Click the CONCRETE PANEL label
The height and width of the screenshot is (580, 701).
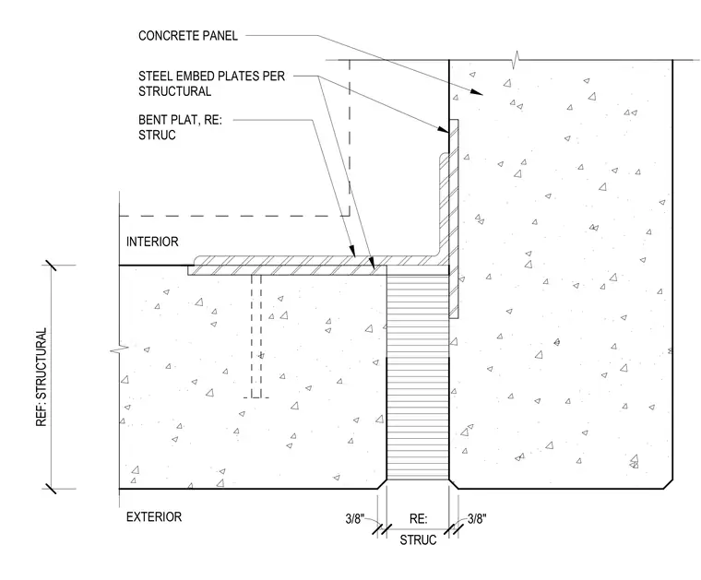(x=188, y=36)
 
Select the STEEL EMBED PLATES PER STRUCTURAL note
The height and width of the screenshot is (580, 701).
(x=211, y=84)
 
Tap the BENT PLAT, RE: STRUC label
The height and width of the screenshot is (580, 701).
(x=180, y=127)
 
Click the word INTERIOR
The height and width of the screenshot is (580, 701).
(x=152, y=242)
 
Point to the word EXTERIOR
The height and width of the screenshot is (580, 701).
(x=154, y=517)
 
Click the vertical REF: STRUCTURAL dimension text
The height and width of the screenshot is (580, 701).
(x=42, y=377)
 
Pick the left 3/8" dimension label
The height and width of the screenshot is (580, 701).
(x=355, y=519)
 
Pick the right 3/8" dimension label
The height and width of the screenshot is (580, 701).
(x=477, y=519)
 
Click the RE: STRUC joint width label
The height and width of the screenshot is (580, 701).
(x=418, y=529)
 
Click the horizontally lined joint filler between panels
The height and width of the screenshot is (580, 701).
(x=418, y=377)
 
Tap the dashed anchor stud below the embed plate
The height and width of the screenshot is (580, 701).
(x=256, y=336)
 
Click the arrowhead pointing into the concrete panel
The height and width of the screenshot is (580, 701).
(x=477, y=91)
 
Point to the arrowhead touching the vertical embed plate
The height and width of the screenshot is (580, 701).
(x=443, y=130)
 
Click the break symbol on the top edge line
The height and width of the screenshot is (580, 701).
(x=517, y=60)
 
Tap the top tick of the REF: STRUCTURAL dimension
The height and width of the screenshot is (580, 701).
(x=51, y=265)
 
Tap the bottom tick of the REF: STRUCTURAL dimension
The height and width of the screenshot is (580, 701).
(x=51, y=489)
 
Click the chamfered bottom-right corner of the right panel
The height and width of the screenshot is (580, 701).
(x=669, y=484)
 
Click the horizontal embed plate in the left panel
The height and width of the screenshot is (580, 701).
(x=287, y=270)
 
